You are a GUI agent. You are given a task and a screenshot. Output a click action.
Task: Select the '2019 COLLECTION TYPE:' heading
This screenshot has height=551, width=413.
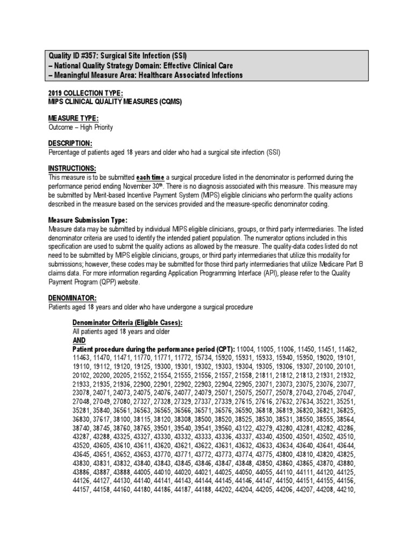click(x=82, y=93)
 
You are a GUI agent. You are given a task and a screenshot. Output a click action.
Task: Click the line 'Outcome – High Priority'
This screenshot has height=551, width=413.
click(x=81, y=127)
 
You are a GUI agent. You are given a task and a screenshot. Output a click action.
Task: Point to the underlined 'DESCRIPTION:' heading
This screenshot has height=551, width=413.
click(x=70, y=143)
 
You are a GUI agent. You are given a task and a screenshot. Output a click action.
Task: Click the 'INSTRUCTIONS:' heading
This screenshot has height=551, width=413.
click(x=72, y=168)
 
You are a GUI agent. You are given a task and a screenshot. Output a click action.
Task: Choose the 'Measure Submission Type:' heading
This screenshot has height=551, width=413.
click(x=88, y=220)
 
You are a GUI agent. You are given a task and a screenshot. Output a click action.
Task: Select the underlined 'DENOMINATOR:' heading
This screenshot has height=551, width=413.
click(x=73, y=298)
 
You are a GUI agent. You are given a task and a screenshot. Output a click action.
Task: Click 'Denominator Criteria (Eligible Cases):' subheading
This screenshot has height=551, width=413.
click(x=127, y=323)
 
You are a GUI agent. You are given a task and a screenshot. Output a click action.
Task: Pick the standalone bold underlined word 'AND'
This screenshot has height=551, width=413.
click(x=79, y=341)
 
